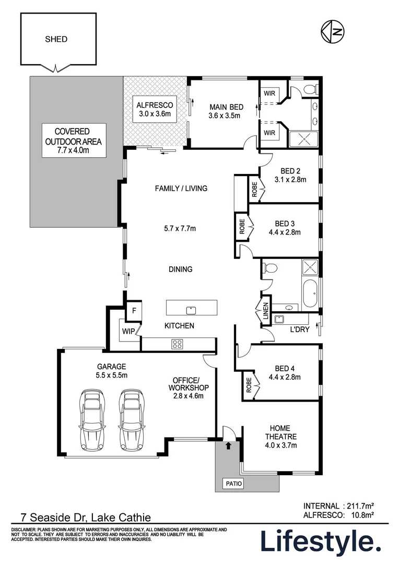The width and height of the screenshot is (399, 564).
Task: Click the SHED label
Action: [x=56, y=39]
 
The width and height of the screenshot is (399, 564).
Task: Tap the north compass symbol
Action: [x=332, y=32]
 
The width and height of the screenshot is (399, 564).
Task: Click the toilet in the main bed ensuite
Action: [x=311, y=89]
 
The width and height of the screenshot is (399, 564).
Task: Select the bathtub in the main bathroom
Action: [x=309, y=293]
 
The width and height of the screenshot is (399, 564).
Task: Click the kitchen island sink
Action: [x=191, y=310]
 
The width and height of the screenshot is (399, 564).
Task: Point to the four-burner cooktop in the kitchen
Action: [x=178, y=344]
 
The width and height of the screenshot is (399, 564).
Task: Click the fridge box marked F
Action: [x=134, y=310]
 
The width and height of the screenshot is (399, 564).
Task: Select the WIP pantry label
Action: [x=128, y=331]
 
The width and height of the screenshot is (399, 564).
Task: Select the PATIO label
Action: [x=234, y=484]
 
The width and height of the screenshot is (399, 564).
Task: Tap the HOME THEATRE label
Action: [x=281, y=437]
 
